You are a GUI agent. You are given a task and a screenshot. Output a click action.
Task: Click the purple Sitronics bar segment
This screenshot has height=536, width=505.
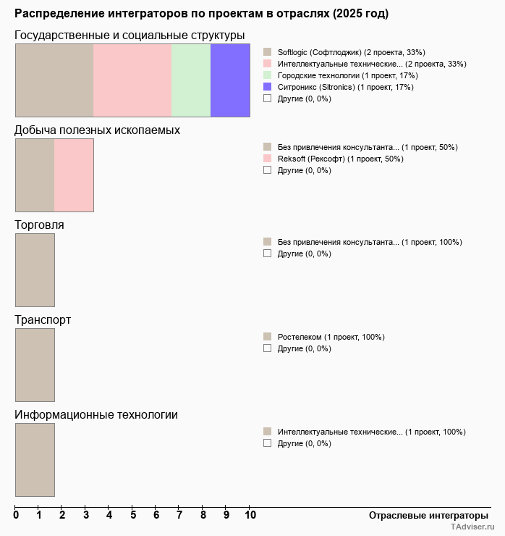(x=230, y=80)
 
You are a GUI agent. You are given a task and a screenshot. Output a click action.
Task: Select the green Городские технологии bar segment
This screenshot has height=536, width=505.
(x=191, y=80)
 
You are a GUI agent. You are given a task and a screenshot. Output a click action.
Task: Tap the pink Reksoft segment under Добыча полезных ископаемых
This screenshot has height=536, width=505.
(x=74, y=175)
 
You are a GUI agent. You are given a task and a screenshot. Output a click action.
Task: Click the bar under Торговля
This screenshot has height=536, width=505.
(x=35, y=270)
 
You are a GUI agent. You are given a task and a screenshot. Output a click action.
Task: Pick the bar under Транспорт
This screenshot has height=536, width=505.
(x=35, y=365)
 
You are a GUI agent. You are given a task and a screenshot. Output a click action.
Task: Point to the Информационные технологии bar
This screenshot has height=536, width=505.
(x=35, y=460)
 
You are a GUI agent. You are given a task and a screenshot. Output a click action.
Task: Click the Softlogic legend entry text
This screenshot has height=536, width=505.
(x=351, y=52)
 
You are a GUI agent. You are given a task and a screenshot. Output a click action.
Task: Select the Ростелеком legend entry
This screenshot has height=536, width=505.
(x=331, y=337)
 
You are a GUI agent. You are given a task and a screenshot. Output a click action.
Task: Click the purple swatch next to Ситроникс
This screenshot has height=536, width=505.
(x=267, y=87)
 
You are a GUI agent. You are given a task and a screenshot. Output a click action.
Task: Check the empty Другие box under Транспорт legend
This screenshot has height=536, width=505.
(x=267, y=348)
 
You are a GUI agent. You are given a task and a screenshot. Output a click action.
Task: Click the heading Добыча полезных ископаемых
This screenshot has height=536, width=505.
(x=97, y=130)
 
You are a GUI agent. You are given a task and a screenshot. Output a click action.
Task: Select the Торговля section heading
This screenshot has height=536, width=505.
(x=39, y=225)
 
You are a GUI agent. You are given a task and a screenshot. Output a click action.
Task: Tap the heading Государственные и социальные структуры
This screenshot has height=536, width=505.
(x=130, y=35)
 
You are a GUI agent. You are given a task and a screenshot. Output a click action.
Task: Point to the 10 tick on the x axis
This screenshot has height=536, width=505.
(x=250, y=515)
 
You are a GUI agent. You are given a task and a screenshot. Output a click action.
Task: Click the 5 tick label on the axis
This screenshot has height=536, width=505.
(x=132, y=515)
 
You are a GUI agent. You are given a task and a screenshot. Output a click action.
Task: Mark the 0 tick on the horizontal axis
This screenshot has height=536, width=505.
(x=16, y=515)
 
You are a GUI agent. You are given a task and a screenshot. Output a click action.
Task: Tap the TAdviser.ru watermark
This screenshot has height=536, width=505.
(x=472, y=528)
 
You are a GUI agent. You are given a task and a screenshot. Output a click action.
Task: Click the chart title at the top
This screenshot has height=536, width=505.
(x=201, y=14)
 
